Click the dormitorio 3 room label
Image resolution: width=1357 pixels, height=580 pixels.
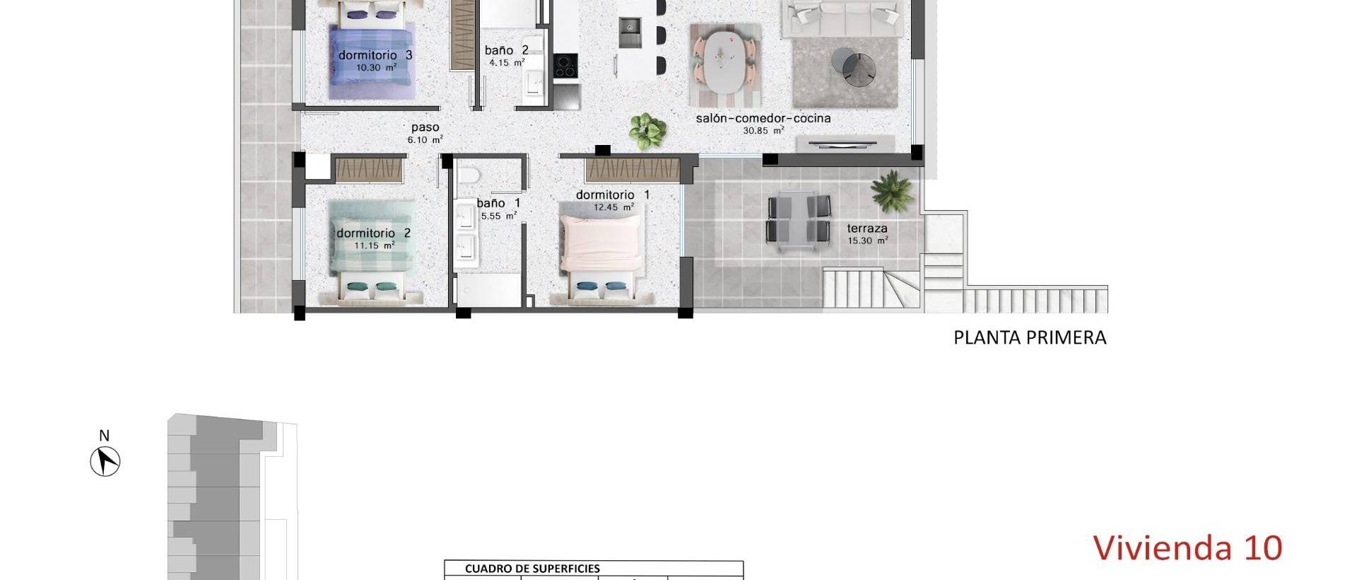click(x=375, y=55)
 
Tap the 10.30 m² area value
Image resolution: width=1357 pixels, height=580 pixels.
click(x=375, y=68)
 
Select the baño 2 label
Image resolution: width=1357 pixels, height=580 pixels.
click(x=506, y=50)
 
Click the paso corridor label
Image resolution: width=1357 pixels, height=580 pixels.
click(x=425, y=127)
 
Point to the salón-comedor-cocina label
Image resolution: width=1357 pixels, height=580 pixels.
click(x=763, y=118)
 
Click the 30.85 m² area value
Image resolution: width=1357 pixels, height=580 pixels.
click(x=763, y=131)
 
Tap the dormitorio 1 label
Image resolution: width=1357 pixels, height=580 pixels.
click(x=612, y=195)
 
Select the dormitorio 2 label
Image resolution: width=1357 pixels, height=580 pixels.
click(x=373, y=233)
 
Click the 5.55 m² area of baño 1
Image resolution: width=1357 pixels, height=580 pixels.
click(x=498, y=216)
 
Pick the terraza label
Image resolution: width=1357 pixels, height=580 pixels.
click(x=867, y=228)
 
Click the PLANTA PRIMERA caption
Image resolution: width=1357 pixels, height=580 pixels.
click(x=1029, y=338)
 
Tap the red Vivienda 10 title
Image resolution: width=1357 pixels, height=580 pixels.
click(x=1187, y=548)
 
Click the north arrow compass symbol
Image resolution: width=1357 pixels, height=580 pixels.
click(x=105, y=462)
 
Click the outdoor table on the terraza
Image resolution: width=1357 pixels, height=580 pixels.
click(x=799, y=219)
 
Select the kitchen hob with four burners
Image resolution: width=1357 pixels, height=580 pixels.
click(x=565, y=66)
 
